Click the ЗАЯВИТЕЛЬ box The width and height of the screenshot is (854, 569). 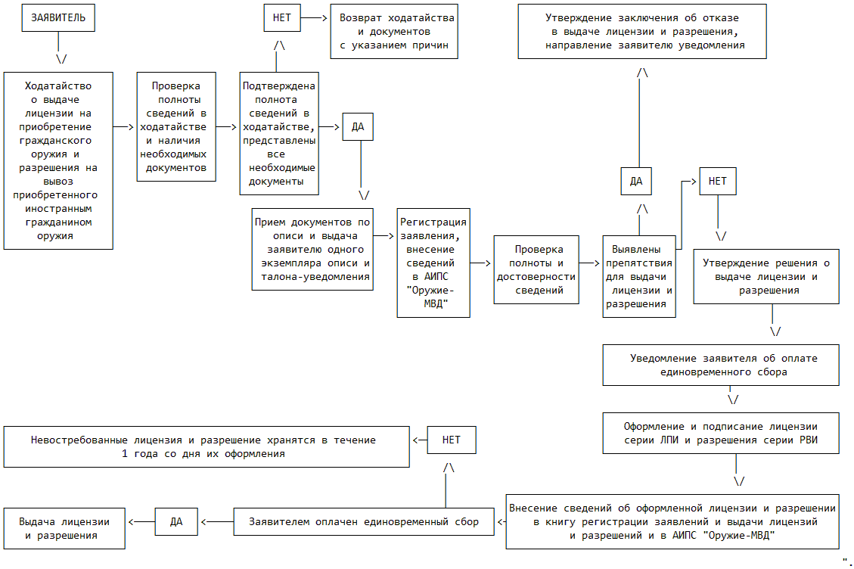tap(58, 18)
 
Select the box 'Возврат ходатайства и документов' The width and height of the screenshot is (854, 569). tap(394, 32)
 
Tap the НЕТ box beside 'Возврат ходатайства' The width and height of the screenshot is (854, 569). tap(282, 18)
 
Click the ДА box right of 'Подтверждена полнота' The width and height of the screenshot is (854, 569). tap(358, 127)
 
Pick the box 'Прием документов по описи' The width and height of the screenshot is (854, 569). tap(312, 250)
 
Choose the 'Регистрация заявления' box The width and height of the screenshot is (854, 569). tap(433, 263)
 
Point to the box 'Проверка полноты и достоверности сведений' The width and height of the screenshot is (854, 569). tap(536, 270)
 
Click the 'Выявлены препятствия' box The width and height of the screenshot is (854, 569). tap(639, 277)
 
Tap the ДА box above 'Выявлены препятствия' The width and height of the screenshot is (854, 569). tap(636, 182)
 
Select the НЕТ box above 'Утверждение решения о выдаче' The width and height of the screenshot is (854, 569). tap(718, 182)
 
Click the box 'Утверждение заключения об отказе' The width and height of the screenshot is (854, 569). tap(642, 32)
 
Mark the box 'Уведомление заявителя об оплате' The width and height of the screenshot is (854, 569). tap(721, 365)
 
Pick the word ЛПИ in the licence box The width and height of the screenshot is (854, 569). tap(669, 440)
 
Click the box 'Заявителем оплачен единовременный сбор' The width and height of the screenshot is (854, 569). tap(364, 522)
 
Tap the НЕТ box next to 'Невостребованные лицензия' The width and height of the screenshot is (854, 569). tap(452, 440)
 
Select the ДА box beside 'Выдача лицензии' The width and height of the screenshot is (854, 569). tap(176, 522)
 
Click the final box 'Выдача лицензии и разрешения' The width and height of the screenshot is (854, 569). tap(64, 529)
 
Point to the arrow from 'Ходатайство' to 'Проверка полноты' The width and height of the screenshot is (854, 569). tap(123, 127)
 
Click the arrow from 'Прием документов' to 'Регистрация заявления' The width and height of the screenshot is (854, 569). tap(384, 236)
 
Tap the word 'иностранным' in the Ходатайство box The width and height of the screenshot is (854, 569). tap(58, 209)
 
